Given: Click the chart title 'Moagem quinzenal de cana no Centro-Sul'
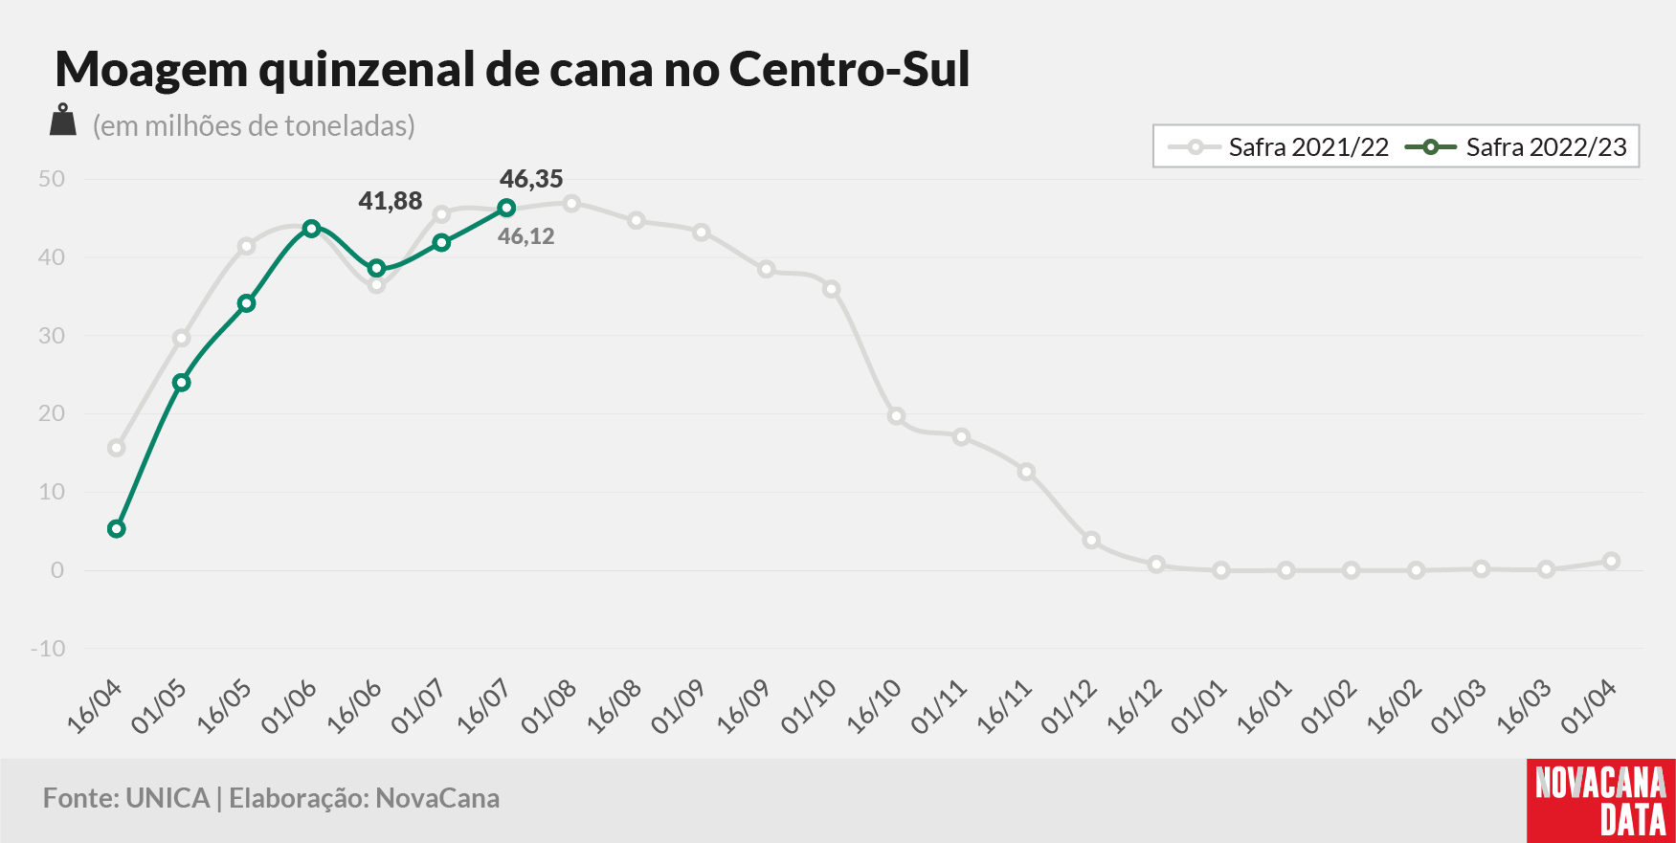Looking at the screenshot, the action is pos(512,70).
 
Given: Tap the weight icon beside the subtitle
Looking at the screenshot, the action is pos(63,120).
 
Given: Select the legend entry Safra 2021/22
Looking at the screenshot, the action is pos(1278,147).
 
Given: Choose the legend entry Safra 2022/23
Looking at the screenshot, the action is pos(1516,147).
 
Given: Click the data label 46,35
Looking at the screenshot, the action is pos(531,179).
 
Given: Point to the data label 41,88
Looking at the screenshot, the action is pos(391,201).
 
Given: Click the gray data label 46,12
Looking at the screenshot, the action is pos(526,236).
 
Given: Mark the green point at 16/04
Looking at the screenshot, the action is pos(117,529).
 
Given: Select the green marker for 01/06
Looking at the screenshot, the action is pos(311,229).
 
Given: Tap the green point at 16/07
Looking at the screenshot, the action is pos(506,208).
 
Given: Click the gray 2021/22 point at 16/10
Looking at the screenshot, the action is pos(896,416).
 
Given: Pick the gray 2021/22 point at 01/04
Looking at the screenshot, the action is pos(1611,562).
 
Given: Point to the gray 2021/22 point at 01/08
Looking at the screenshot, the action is pos(571,203).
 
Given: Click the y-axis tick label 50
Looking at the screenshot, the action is pos(52,179).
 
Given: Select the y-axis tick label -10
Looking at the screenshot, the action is pos(48,649).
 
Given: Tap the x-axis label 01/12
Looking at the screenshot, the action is pos(1068,707).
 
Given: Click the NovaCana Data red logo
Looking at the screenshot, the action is pos(1601,801).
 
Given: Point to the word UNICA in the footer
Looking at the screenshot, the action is pos(168,798).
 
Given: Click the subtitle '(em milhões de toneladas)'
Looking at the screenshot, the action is pos(254,126).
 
